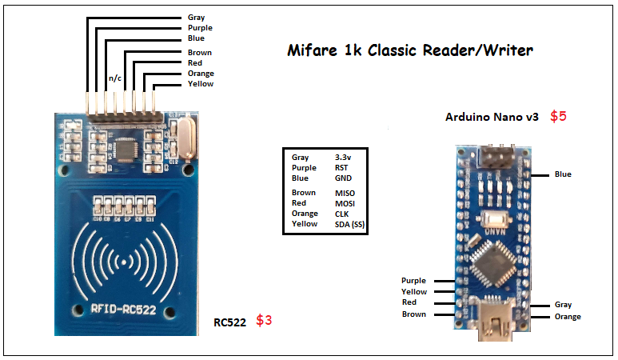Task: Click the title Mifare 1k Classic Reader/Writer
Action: pyautogui.click(x=410, y=51)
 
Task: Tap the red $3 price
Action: pyautogui.click(x=264, y=321)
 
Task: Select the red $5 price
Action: pyautogui.click(x=558, y=116)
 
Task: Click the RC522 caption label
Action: pyautogui.click(x=229, y=322)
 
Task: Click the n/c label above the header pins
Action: pyautogui.click(x=114, y=78)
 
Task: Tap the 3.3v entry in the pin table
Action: pyautogui.click(x=345, y=158)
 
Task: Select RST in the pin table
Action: pyautogui.click(x=342, y=168)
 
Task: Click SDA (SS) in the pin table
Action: pyautogui.click(x=349, y=224)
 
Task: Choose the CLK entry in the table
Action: pyautogui.click(x=342, y=214)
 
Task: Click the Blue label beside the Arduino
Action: pyautogui.click(x=563, y=174)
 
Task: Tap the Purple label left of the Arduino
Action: pyautogui.click(x=413, y=281)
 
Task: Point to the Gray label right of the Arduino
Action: pyautogui.click(x=563, y=305)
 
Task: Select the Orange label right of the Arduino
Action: pyautogui.click(x=568, y=317)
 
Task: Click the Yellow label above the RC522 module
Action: pyautogui.click(x=201, y=84)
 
